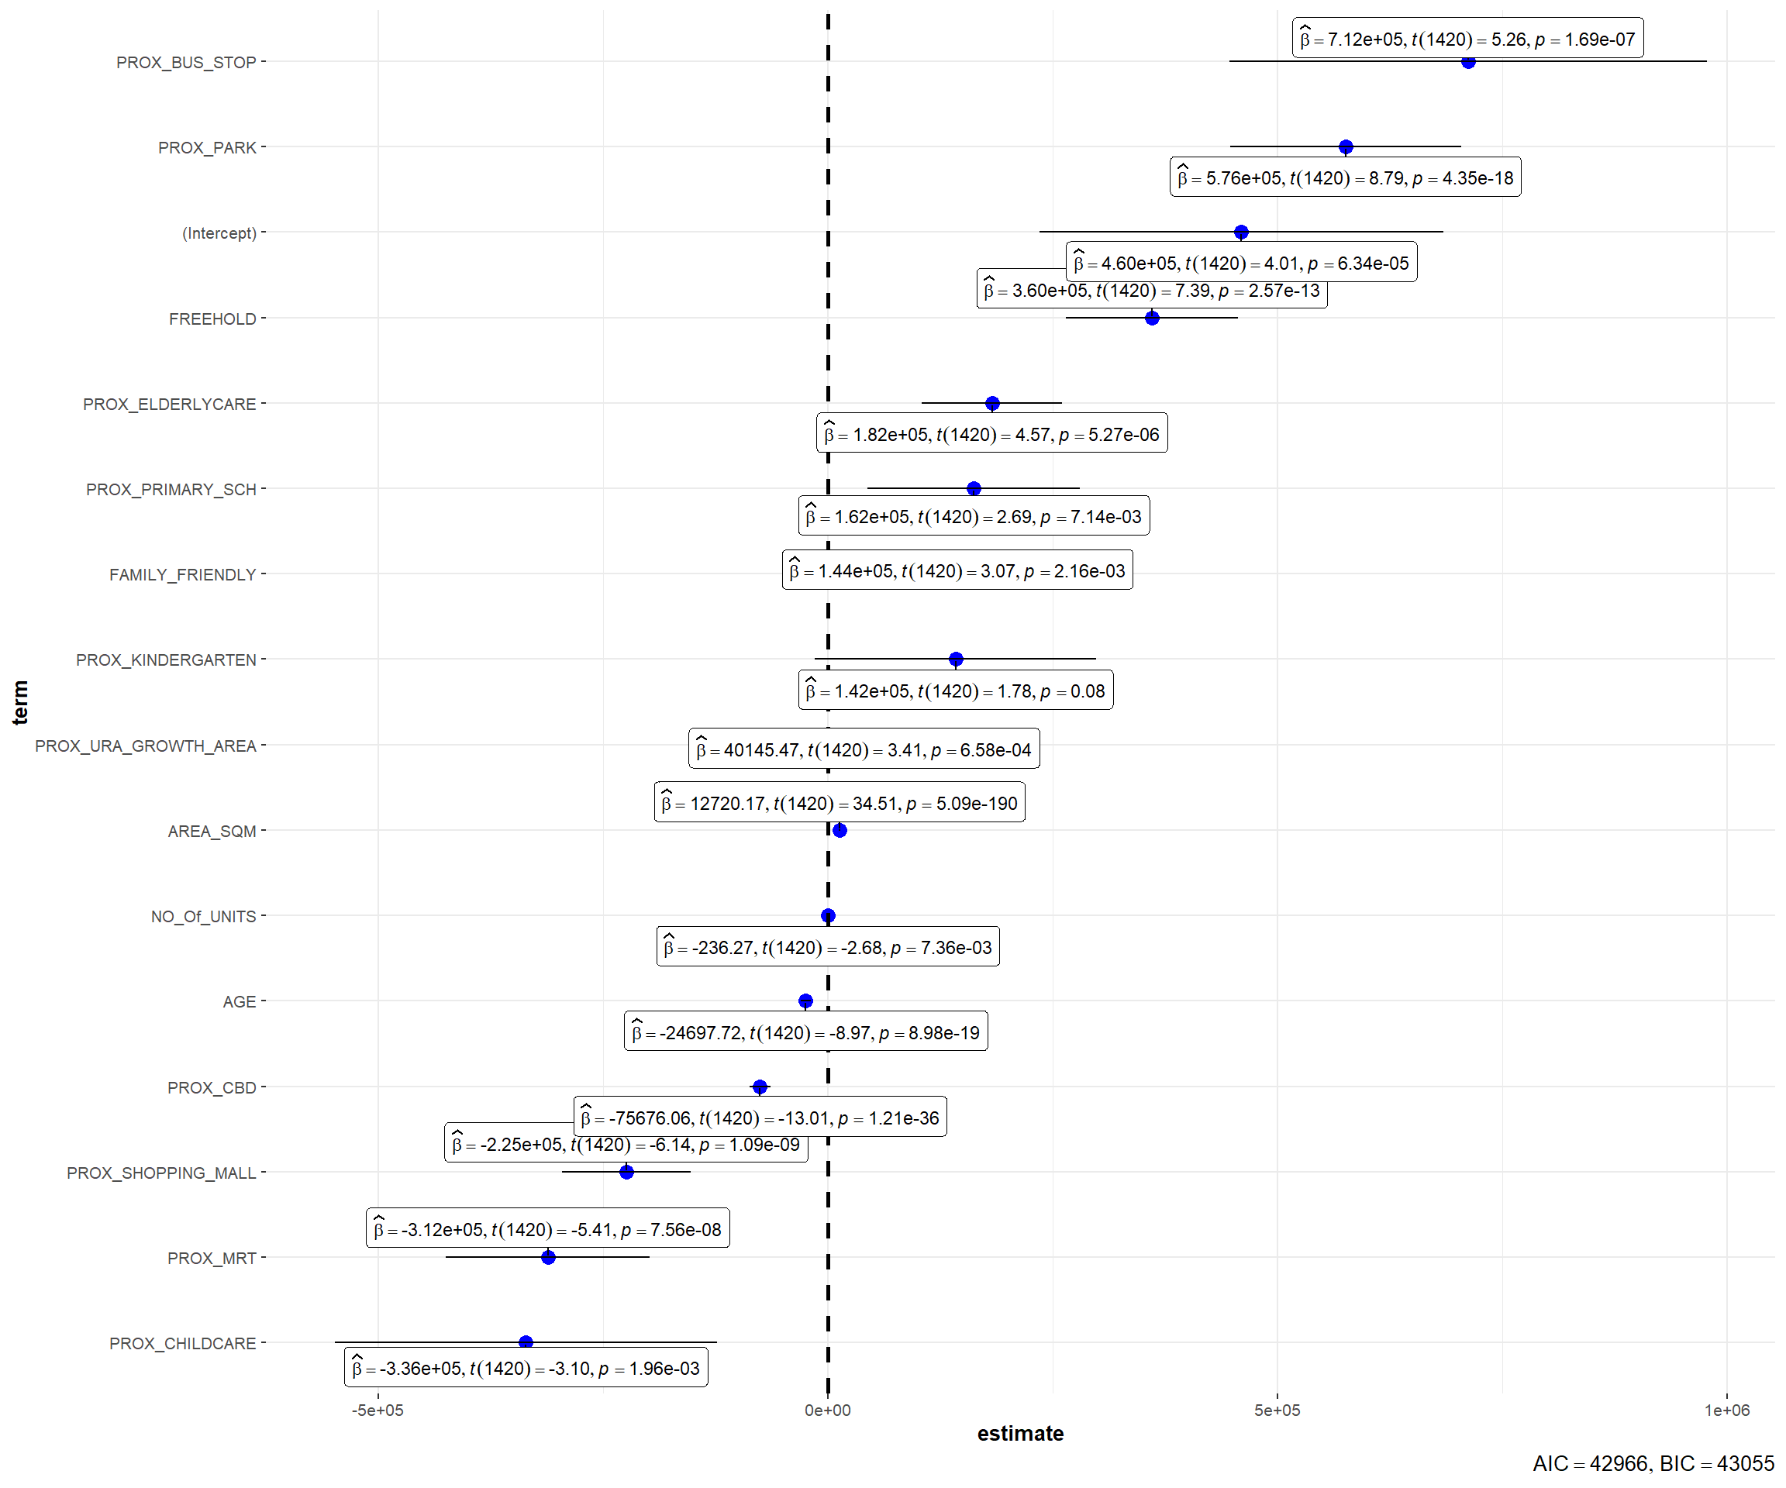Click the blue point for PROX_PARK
(x=1346, y=147)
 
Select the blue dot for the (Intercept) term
(x=1241, y=232)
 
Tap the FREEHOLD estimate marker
(x=1152, y=318)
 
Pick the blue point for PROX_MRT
(x=549, y=1257)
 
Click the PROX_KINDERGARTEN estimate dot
(x=956, y=659)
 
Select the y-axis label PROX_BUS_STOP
(x=186, y=62)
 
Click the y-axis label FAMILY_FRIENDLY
(x=182, y=575)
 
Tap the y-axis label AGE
(x=239, y=1001)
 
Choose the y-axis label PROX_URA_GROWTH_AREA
(x=146, y=746)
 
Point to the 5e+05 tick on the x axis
(x=1277, y=1410)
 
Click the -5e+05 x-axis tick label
(x=378, y=1410)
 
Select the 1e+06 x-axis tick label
(x=1726, y=1410)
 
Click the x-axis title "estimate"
(x=1019, y=1434)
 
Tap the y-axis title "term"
(x=20, y=702)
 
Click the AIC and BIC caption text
(x=1653, y=1463)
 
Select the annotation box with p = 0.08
(x=955, y=691)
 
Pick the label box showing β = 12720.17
(x=840, y=803)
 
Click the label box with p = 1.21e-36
(x=760, y=1118)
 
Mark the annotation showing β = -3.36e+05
(x=526, y=1368)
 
